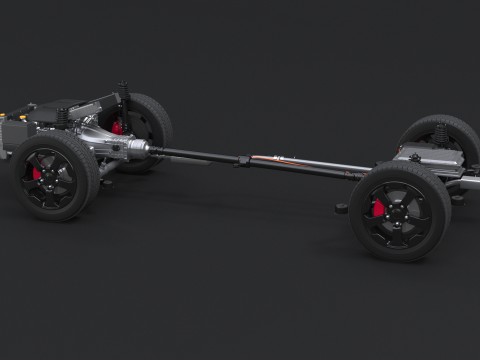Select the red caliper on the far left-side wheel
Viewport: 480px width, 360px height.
pyautogui.click(x=118, y=127)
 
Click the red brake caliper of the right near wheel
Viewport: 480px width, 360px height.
pyautogui.click(x=378, y=208)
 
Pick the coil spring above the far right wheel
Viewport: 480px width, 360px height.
pyautogui.click(x=440, y=132)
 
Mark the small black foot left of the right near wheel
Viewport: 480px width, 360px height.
pyautogui.click(x=341, y=208)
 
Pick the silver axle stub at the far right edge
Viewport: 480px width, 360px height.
pyautogui.click(x=470, y=185)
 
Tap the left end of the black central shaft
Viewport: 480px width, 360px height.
pyautogui.click(x=160, y=152)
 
